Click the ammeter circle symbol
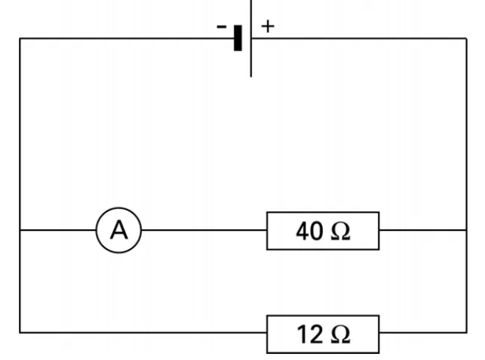pos(118,208)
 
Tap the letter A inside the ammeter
pos(118,230)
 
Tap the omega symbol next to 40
pos(340,232)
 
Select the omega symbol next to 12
pos(340,335)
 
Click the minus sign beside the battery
pos(222,27)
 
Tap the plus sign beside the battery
pos(268,26)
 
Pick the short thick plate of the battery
pos(238,38)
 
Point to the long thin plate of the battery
pos(251,38)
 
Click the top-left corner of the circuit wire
pos(20,38)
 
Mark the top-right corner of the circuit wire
pos(466,38)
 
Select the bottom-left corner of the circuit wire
pos(20,332)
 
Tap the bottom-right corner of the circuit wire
pos(466,332)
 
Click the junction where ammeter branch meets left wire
pos(20,230)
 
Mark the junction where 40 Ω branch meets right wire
pos(466,230)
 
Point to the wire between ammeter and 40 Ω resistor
pos(204,230)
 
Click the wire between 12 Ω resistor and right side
pos(423,332)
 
